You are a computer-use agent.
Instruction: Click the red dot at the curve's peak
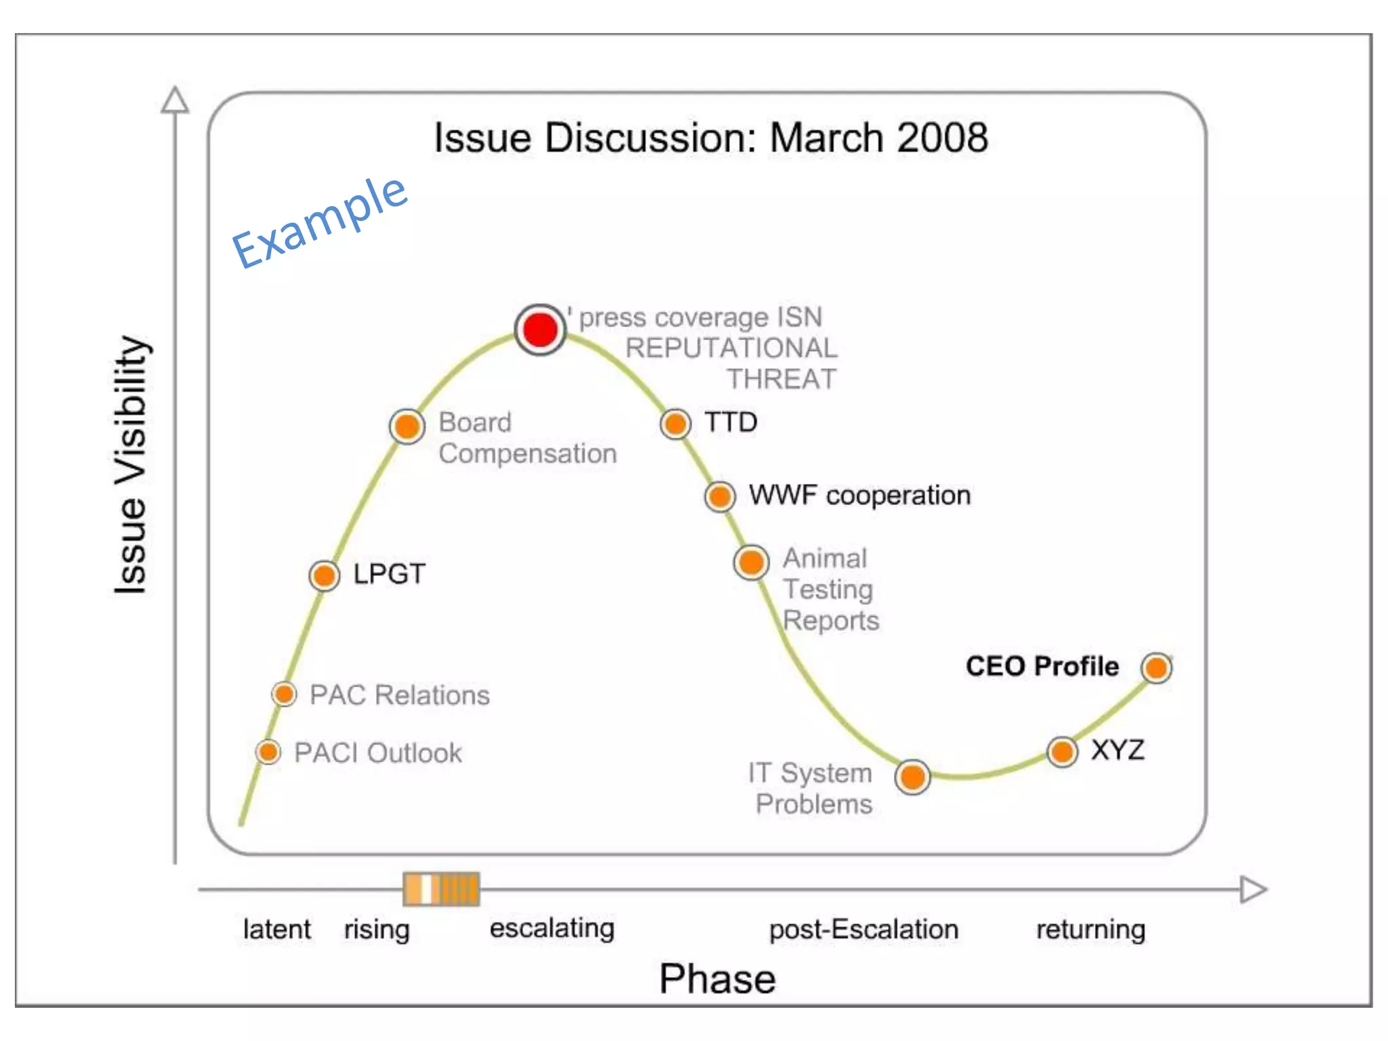(540, 330)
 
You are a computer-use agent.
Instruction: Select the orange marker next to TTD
(675, 424)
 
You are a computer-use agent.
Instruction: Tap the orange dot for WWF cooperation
(720, 496)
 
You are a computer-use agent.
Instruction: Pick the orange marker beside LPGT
(324, 576)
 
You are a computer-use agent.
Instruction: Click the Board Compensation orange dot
(407, 426)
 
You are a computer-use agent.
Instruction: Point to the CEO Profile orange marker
(1156, 668)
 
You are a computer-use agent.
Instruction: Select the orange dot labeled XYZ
(1062, 752)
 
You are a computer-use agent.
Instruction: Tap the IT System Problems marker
(912, 777)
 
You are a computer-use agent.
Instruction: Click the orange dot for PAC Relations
(284, 694)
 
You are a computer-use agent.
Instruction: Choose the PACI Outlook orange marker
(268, 752)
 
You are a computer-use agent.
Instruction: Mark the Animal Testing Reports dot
(751, 563)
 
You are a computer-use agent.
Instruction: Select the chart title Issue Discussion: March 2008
(710, 138)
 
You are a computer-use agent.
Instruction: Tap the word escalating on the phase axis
(552, 928)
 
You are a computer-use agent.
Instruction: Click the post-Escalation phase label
(863, 930)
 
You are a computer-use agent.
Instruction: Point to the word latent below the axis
(277, 930)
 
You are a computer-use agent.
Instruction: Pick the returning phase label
(1090, 930)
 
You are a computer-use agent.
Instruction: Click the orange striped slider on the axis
(441, 889)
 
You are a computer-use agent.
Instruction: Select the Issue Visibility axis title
(130, 465)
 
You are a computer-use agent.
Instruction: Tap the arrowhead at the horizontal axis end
(1252, 890)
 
